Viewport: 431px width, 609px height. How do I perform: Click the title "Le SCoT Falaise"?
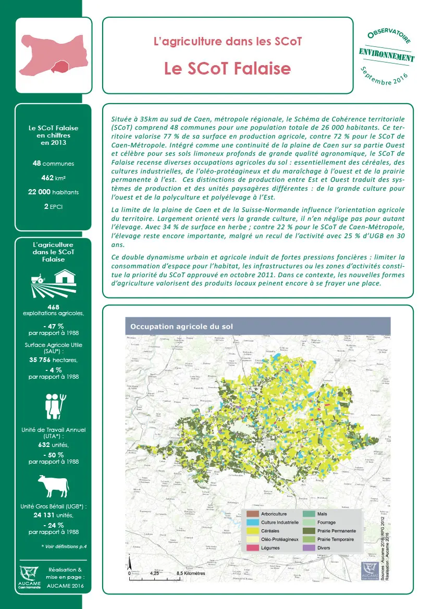[227, 68]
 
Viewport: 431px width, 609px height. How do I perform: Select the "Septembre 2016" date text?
[384, 76]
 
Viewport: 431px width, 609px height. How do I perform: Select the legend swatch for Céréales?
[252, 530]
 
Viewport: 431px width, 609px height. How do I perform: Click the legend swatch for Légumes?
[252, 548]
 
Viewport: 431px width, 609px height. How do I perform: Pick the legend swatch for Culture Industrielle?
[252, 522]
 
